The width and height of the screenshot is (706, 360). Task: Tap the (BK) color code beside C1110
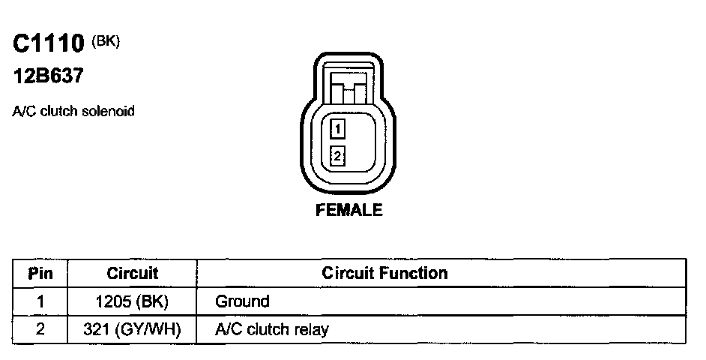[x=106, y=41]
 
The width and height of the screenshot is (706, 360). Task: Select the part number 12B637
[x=47, y=76]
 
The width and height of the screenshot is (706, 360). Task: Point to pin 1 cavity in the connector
[x=338, y=130]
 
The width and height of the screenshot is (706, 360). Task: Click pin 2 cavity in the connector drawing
[x=338, y=157]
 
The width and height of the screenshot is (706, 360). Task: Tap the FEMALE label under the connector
[x=349, y=210]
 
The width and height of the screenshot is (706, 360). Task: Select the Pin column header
[x=40, y=274]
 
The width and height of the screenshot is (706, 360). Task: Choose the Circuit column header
[x=133, y=274]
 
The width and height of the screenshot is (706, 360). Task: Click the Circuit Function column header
[x=384, y=274]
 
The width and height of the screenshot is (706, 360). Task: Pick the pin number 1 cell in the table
[x=40, y=302]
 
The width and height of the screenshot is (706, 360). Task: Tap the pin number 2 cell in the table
[x=40, y=329]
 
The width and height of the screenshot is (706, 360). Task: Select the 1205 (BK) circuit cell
[x=133, y=302]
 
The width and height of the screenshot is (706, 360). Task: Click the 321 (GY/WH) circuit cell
[x=133, y=329]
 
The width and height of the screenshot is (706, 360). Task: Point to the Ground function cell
[x=242, y=302]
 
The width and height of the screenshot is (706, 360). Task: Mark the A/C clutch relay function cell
[x=272, y=329]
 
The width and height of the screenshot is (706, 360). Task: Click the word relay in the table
[x=313, y=329]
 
